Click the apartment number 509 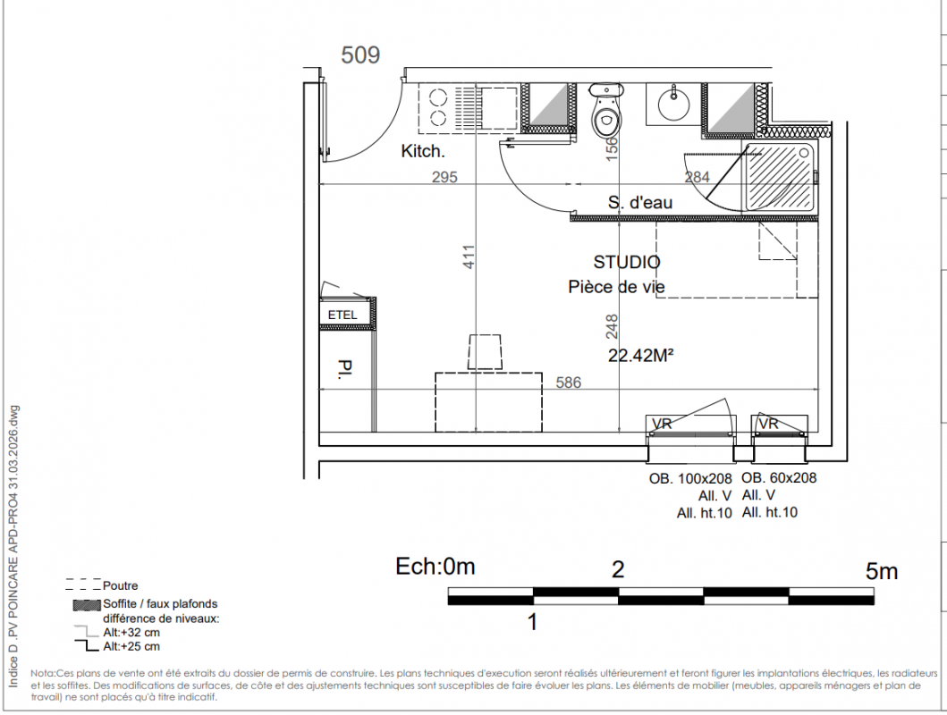[360, 55]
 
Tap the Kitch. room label [423, 151]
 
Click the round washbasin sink [673, 104]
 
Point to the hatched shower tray [781, 177]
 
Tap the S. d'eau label [640, 202]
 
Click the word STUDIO [627, 262]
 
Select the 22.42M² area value [641, 356]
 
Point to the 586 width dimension [569, 383]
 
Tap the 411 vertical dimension [469, 257]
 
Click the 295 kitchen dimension [444, 177]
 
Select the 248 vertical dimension [612, 326]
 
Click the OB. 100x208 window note [690, 479]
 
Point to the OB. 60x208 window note [779, 478]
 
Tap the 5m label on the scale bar [882, 571]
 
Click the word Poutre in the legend [120, 585]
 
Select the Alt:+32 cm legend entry [131, 633]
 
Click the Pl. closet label [345, 369]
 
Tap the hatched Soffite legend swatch [87, 604]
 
